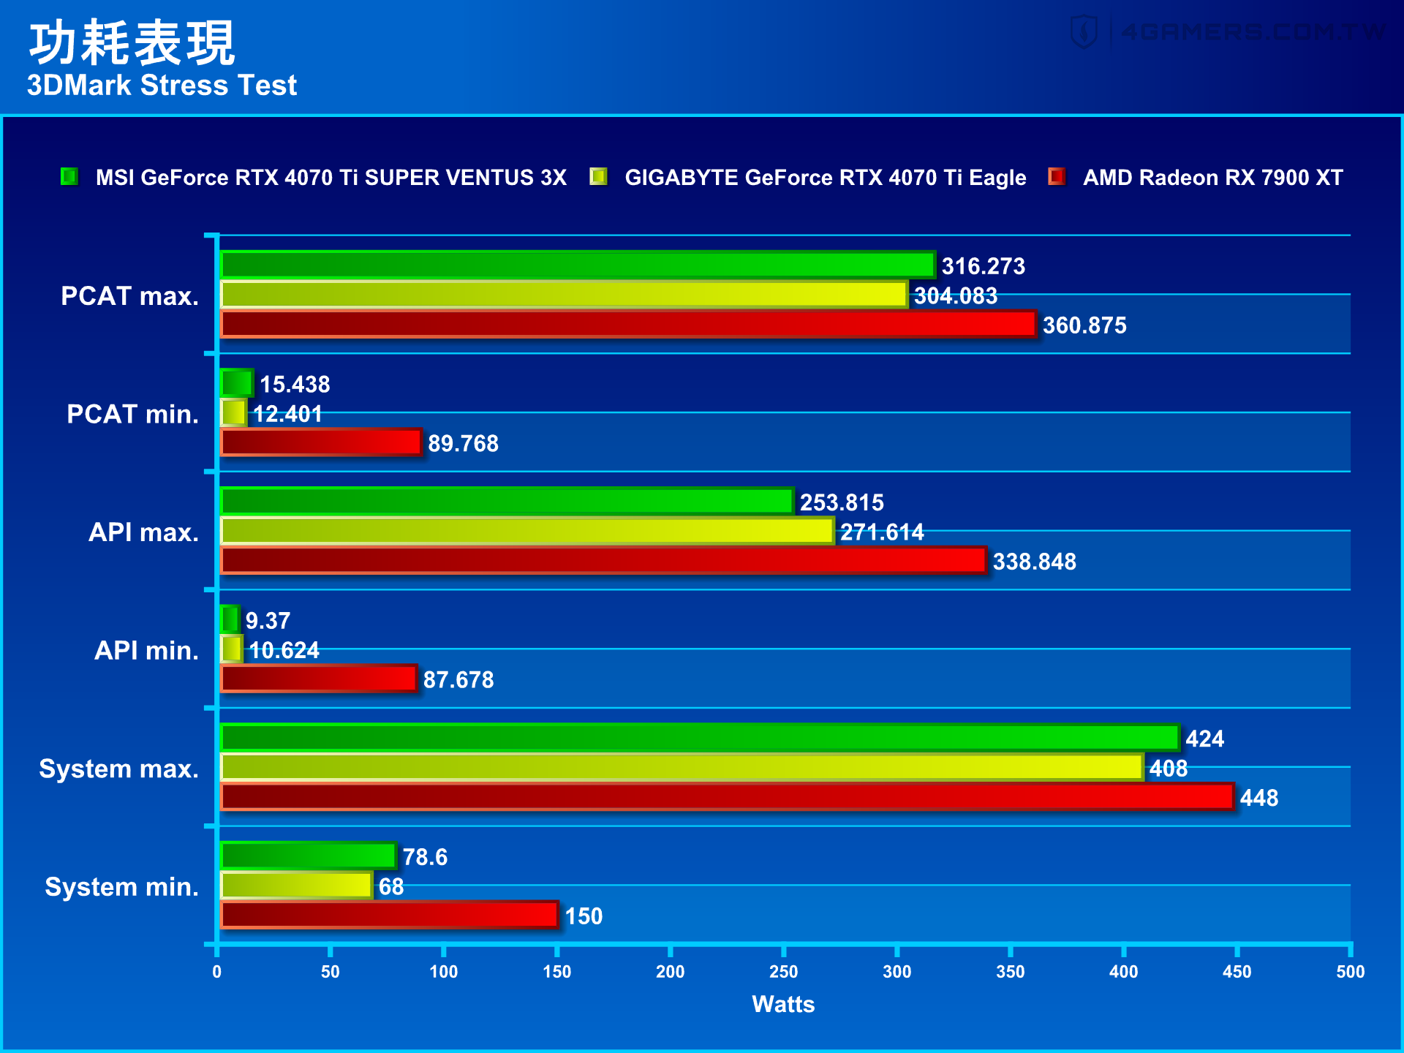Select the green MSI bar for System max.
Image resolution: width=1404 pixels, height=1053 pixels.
pyautogui.click(x=699, y=738)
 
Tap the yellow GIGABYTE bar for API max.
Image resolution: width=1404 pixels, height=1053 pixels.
pyautogui.click(x=526, y=532)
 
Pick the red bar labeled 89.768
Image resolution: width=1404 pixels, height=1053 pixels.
pyautogui.click(x=321, y=443)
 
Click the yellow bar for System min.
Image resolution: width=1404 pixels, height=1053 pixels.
pyautogui.click(x=296, y=886)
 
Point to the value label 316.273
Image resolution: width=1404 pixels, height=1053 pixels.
pyautogui.click(x=983, y=266)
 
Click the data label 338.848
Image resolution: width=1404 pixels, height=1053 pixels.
pyautogui.click(x=1034, y=562)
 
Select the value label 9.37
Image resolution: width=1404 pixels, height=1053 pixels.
pyautogui.click(x=268, y=621)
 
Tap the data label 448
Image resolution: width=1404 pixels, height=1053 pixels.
pyautogui.click(x=1258, y=798)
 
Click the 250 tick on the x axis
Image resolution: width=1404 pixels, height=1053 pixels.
pyautogui.click(x=783, y=972)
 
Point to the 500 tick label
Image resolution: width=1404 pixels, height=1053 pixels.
pyautogui.click(x=1350, y=972)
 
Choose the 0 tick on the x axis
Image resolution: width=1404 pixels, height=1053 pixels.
pyautogui.click(x=217, y=972)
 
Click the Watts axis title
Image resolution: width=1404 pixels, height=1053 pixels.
pyautogui.click(x=783, y=1004)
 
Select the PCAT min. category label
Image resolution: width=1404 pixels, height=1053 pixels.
pyautogui.click(x=132, y=415)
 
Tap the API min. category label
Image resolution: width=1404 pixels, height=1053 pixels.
pyautogui.click(x=146, y=651)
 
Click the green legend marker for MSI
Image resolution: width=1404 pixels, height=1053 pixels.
pyautogui.click(x=69, y=177)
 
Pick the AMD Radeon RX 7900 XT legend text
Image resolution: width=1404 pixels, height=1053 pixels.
pyautogui.click(x=1212, y=178)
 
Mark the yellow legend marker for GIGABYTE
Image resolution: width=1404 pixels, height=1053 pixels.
pyautogui.click(x=599, y=177)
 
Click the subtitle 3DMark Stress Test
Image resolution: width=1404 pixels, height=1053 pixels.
pyautogui.click(x=162, y=86)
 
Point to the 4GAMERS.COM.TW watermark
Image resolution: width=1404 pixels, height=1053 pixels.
pyautogui.click(x=1228, y=32)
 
